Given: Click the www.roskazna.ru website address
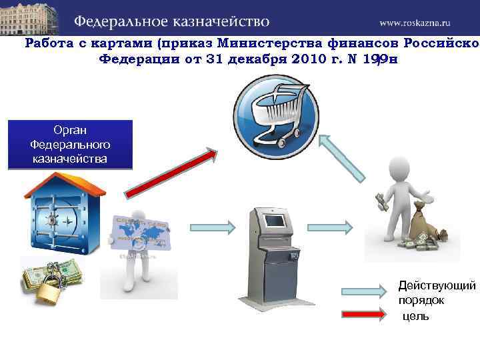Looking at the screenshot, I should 424,22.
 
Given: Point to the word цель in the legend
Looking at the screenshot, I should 415,315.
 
